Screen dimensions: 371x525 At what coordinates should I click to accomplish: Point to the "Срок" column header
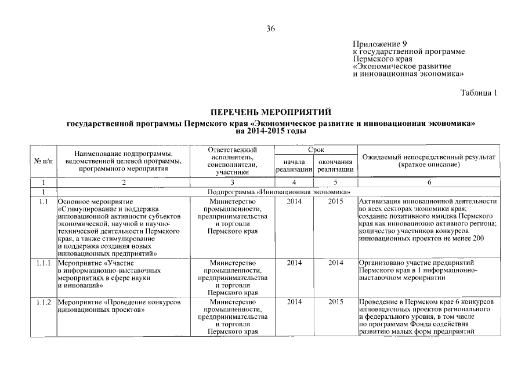click(316, 150)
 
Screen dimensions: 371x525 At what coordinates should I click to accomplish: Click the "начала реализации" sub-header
click(294, 165)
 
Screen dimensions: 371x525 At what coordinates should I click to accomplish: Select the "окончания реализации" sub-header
click(336, 165)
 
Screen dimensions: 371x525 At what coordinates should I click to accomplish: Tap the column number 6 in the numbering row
click(429, 182)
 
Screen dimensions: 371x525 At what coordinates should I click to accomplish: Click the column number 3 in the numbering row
click(232, 182)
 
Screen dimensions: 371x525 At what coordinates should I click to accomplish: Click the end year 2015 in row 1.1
click(336, 201)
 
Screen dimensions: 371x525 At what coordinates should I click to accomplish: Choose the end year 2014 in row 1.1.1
click(336, 263)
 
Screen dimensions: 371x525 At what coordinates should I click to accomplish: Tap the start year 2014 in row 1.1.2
click(294, 303)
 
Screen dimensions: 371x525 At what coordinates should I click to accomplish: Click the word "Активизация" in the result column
click(381, 201)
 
